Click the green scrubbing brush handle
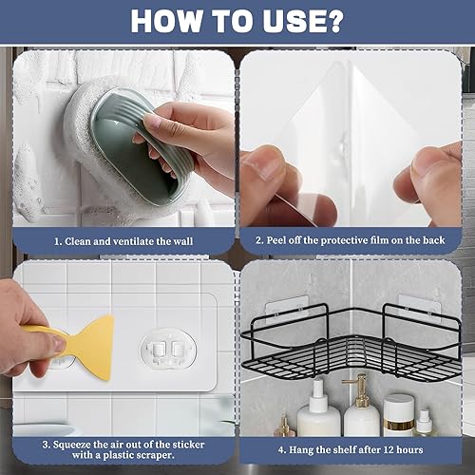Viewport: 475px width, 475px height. [142, 145]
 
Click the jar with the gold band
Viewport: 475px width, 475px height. [399, 415]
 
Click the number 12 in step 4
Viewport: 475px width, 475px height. [389, 449]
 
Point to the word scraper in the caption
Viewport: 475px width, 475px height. [156, 456]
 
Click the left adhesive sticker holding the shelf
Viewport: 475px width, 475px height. [287, 309]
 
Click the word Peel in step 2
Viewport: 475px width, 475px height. [276, 240]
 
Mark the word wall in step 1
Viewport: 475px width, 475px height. [182, 241]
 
